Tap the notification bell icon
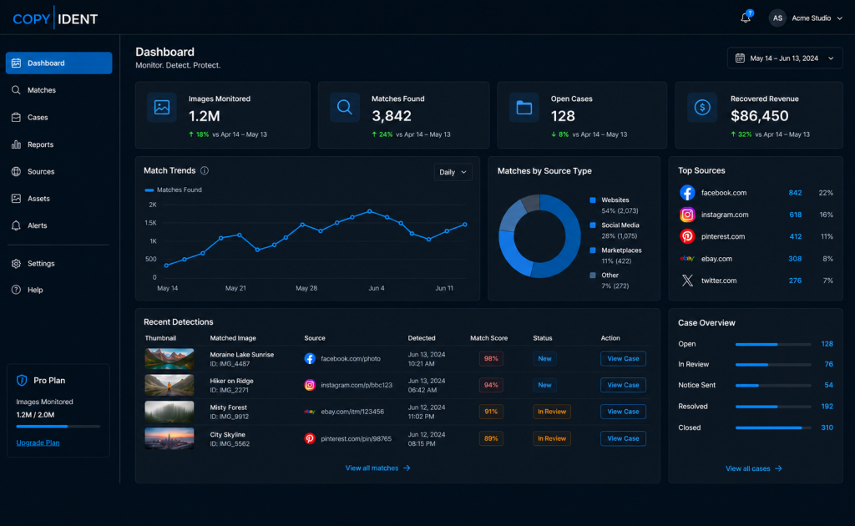click(746, 18)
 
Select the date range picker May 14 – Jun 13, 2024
click(785, 58)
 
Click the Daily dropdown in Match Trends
click(453, 172)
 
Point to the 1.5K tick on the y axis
click(150, 223)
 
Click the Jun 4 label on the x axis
click(377, 288)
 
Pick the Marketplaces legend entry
click(621, 250)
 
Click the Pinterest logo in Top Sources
click(687, 236)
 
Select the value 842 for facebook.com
click(795, 193)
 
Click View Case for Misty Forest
click(623, 412)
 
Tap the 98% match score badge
click(491, 359)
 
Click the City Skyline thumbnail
click(169, 438)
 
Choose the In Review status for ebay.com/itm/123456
click(552, 412)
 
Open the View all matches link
click(377, 468)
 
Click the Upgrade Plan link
click(38, 443)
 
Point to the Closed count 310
click(827, 427)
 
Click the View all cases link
click(754, 468)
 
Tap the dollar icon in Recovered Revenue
click(701, 108)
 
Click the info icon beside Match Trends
click(205, 170)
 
